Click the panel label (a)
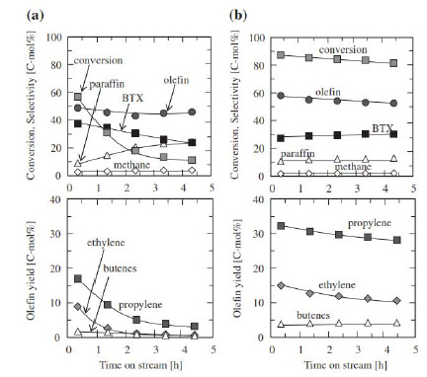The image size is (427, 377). point(36,15)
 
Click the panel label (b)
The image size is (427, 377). point(238,15)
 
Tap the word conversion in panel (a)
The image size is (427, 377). point(98,60)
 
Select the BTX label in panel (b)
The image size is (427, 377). point(383,128)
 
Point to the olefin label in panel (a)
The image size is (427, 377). point(176,80)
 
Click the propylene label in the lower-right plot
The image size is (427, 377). point(370,223)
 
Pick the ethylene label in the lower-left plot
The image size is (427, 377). point(106,243)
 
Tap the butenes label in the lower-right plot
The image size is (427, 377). point(313,315)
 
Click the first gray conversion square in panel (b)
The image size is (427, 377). point(281,54)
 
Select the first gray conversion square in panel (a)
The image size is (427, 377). point(78,97)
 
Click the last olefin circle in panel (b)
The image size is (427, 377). point(393,104)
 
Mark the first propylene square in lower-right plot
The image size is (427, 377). point(281,226)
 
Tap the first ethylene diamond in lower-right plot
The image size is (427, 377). point(281,285)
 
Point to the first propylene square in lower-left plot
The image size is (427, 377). point(78,279)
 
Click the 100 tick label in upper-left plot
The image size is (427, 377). point(54,38)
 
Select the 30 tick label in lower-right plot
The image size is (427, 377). point(260,234)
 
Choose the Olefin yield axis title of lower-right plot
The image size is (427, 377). point(237,267)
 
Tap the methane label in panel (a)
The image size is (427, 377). point(131,165)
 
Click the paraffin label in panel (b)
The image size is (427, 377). point(298,154)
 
